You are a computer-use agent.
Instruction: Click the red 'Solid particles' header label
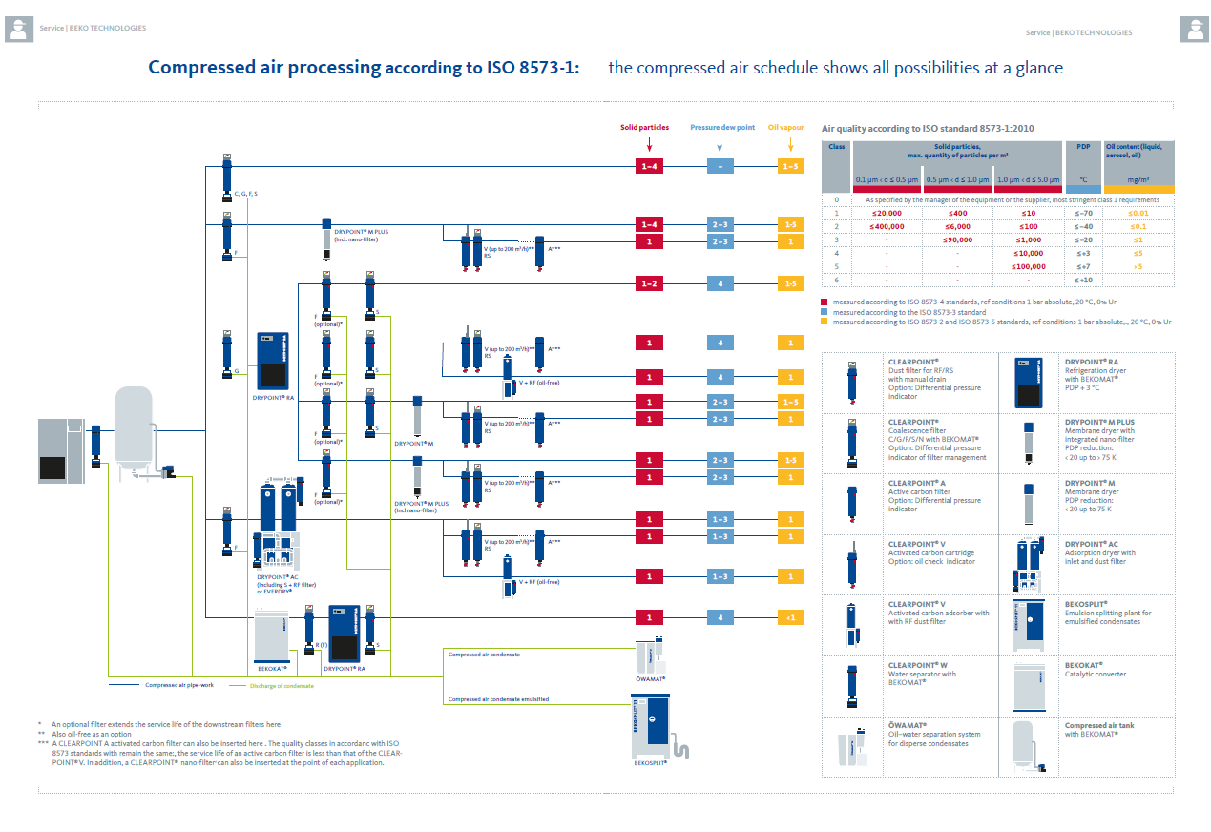point(645,127)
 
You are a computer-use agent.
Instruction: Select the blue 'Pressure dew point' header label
point(722,127)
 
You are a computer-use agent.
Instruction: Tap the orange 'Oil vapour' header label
point(786,127)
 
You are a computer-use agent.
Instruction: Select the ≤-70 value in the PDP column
point(1083,213)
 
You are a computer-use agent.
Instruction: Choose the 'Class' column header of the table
point(837,147)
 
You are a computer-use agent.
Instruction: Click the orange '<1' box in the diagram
point(790,618)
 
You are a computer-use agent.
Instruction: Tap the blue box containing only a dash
point(720,167)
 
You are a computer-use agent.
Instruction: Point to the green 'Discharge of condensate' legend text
point(282,685)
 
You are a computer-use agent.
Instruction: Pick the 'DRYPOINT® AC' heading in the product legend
point(1091,544)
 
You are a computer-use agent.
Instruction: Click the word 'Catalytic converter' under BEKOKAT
point(1096,675)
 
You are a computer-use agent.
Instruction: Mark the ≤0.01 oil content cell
point(1138,213)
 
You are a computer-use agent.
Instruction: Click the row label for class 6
point(837,280)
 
